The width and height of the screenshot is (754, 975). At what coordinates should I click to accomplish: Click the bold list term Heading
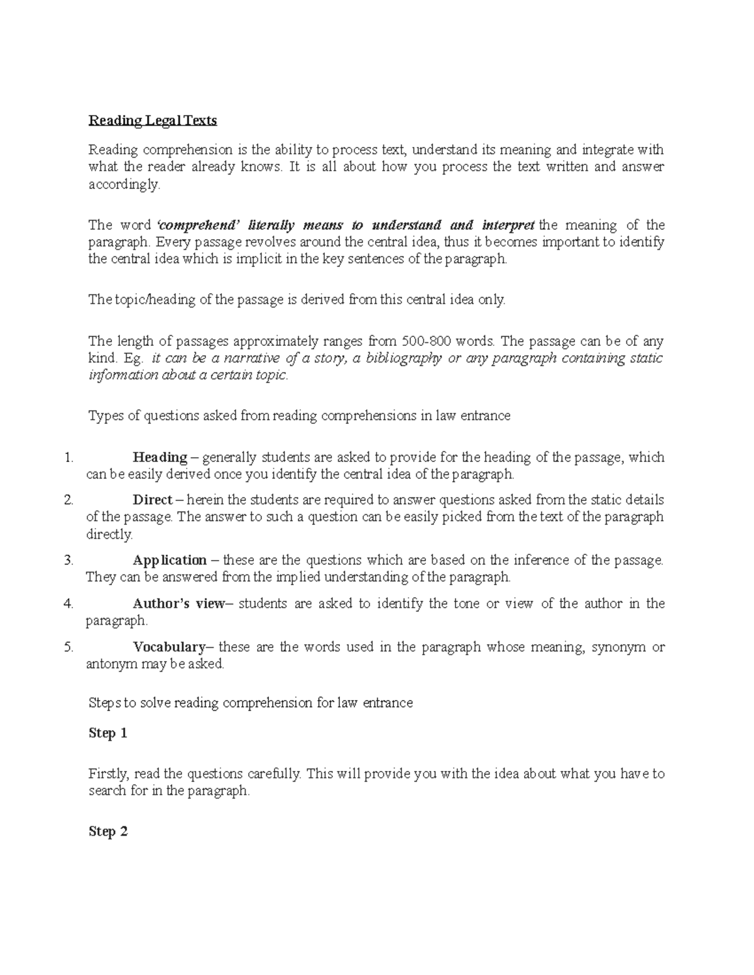tap(160, 457)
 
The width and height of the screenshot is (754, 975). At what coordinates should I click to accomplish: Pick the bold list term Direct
tap(152, 500)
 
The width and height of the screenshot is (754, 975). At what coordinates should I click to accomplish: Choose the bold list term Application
tap(170, 560)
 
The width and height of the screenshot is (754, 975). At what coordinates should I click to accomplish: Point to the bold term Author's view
tap(178, 604)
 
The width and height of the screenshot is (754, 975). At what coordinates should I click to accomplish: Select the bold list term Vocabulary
tap(169, 647)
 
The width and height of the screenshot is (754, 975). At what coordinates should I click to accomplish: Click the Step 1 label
tap(108, 733)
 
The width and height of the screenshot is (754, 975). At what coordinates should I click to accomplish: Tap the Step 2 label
tap(108, 832)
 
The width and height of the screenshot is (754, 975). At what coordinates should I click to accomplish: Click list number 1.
tap(69, 458)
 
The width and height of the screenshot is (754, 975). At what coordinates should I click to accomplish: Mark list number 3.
tap(69, 561)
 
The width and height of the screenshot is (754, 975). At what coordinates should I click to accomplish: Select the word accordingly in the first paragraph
tap(124, 185)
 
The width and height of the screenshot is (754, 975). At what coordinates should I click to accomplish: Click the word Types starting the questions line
tap(104, 416)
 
